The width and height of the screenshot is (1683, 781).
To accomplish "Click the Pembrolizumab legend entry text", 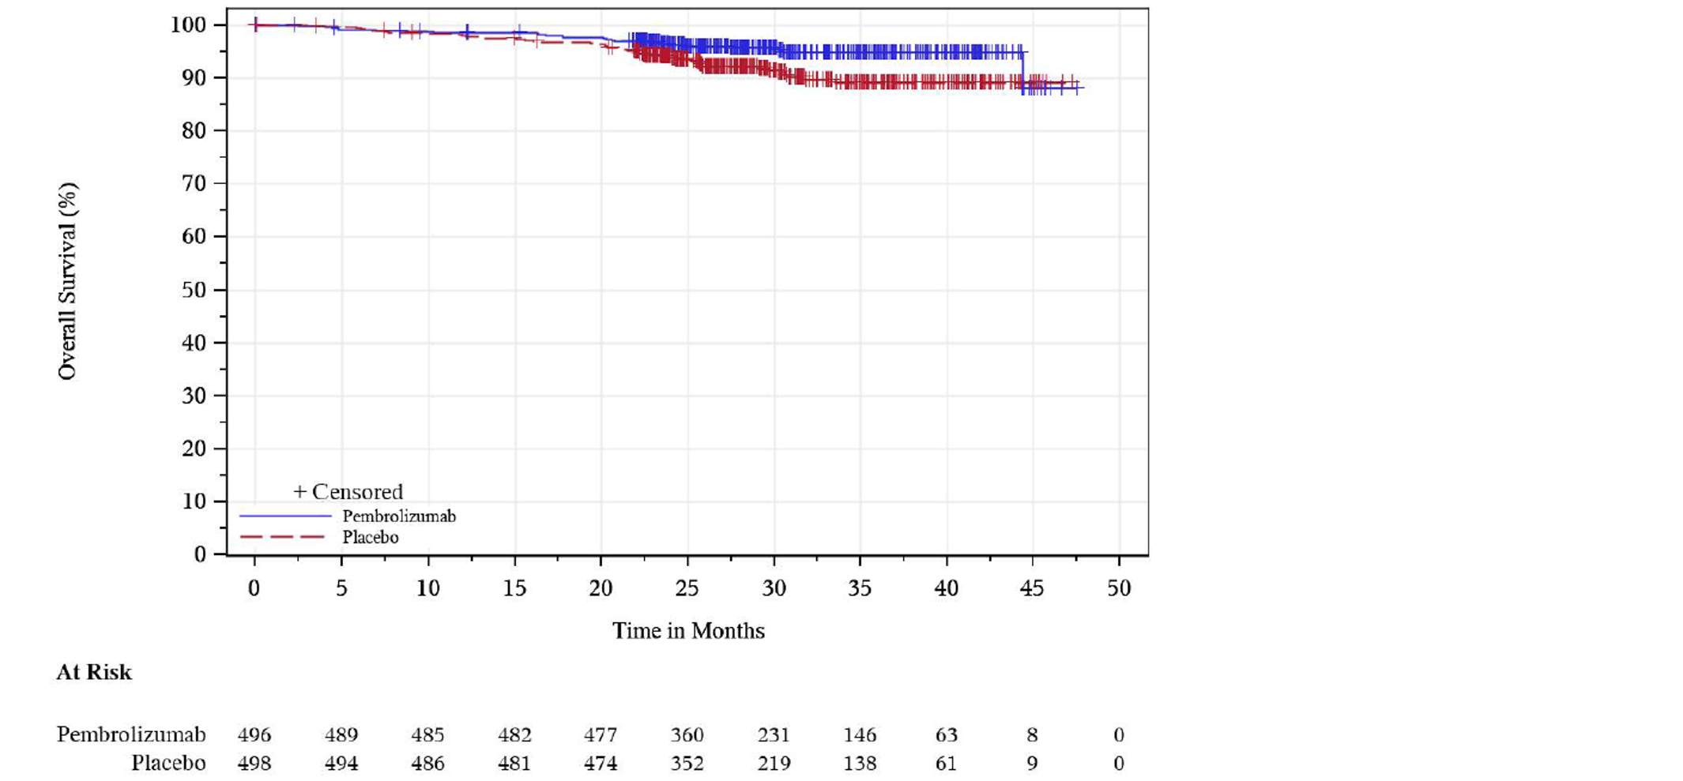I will pos(398,516).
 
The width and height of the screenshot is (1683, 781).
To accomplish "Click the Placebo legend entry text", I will pos(370,538).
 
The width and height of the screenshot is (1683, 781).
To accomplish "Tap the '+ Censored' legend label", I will pos(348,492).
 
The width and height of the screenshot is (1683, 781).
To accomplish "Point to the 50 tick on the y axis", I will pos(194,290).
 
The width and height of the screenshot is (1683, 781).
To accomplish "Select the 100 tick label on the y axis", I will pos(188,25).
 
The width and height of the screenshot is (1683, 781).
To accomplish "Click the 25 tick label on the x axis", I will pos(687,588).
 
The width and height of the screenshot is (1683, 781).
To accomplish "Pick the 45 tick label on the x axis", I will pos(1031,588).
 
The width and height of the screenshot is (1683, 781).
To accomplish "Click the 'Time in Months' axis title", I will pos(687,631).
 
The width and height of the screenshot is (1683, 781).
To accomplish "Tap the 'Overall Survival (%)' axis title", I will pos(67,281).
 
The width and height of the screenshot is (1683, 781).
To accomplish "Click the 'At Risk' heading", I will pos(93,672).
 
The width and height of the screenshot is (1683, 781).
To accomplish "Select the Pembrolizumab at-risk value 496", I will pos(254,735).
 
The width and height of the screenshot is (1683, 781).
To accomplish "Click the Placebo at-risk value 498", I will pos(254,764).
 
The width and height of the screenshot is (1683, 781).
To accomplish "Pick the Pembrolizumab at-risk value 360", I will pos(687,735).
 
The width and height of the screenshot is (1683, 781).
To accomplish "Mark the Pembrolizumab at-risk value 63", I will pos(946,735).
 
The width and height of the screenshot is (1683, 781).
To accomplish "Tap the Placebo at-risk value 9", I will pos(1032,764).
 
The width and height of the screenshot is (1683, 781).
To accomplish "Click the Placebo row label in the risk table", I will pos(168,764).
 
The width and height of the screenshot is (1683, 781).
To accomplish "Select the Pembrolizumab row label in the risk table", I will pos(131,735).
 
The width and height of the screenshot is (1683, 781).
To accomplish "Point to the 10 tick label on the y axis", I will pos(194,501).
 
